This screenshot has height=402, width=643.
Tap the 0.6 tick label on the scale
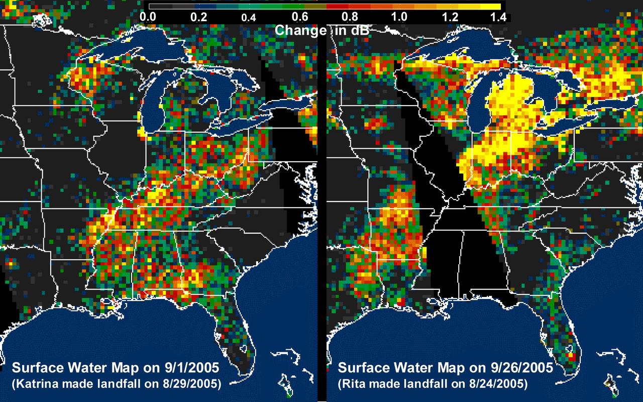[x=299, y=17]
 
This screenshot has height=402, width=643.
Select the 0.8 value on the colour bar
[x=349, y=17]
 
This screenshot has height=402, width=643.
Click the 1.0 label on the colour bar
[x=399, y=17]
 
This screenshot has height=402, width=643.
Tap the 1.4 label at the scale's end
[x=498, y=17]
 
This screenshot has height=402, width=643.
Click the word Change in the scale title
[x=300, y=30]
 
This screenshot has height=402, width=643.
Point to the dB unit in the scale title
[x=358, y=30]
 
